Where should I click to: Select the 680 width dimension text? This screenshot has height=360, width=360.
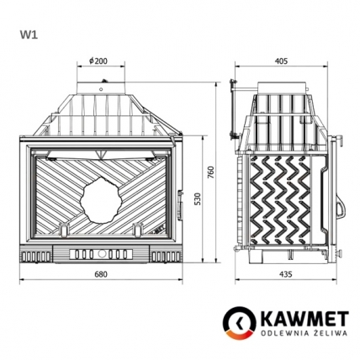point(101,275)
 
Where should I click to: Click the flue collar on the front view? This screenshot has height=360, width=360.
point(102,87)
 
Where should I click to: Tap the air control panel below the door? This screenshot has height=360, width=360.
point(101,251)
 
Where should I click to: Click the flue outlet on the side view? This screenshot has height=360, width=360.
point(282,87)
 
